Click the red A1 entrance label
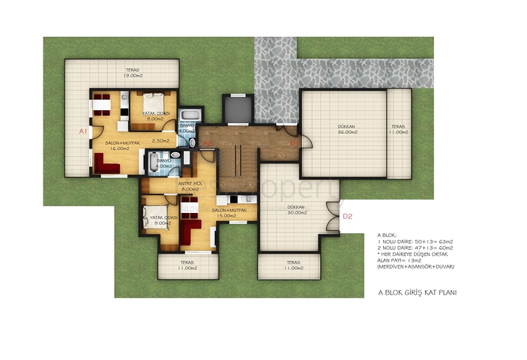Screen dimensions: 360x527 [84, 130]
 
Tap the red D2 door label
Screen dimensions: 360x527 [347, 217]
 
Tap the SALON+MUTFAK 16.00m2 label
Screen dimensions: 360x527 [117, 145]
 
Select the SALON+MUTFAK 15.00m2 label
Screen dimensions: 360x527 [230, 214]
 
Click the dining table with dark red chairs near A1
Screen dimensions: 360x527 [103, 106]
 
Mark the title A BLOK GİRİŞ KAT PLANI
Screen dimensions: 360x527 [418, 292]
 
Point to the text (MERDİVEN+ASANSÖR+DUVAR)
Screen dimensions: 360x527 [416, 266]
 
